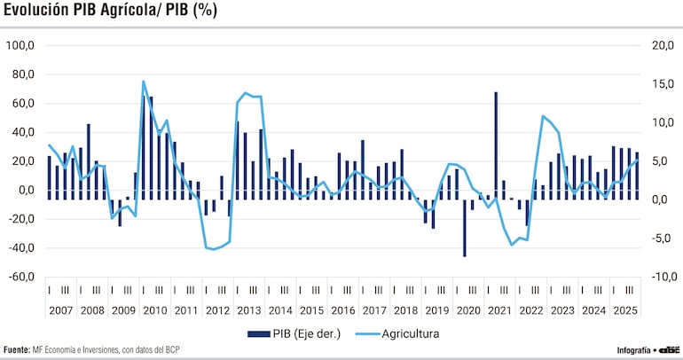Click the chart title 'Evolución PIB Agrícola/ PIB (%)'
click(111, 11)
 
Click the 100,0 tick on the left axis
click(20, 45)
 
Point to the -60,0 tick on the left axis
click(20, 278)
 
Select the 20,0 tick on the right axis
click(662, 45)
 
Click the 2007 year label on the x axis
click(61, 311)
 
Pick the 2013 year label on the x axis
click(248, 311)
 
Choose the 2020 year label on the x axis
click(467, 311)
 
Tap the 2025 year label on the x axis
click(623, 311)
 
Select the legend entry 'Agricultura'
click(411, 334)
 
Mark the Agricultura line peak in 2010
click(144, 82)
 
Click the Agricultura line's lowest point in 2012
click(213, 249)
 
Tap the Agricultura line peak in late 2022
click(543, 116)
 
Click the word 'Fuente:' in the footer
click(17, 350)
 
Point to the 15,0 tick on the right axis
click(662, 84)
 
